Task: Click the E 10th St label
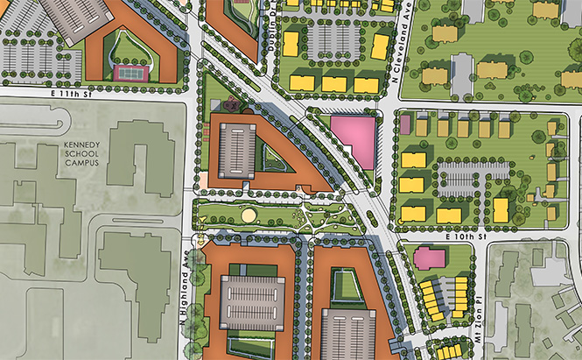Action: pyautogui.click(x=463, y=237)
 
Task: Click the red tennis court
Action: pyautogui.click(x=131, y=72)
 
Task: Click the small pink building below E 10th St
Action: pyautogui.click(x=429, y=258)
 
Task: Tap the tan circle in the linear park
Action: pyautogui.click(x=249, y=214)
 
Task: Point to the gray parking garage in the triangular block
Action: pyautogui.click(x=236, y=150)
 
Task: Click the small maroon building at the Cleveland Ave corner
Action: pyautogui.click(x=405, y=125)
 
